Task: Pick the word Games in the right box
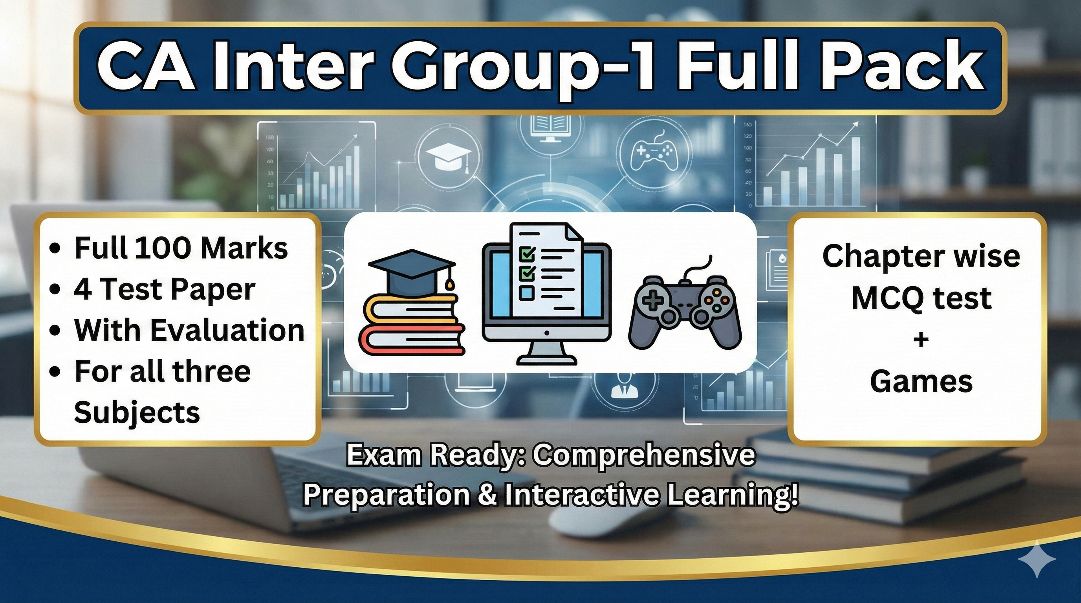pyautogui.click(x=921, y=381)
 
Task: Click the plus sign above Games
pyautogui.click(x=921, y=339)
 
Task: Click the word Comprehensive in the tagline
pyautogui.click(x=644, y=455)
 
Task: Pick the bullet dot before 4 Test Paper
pyautogui.click(x=54, y=289)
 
